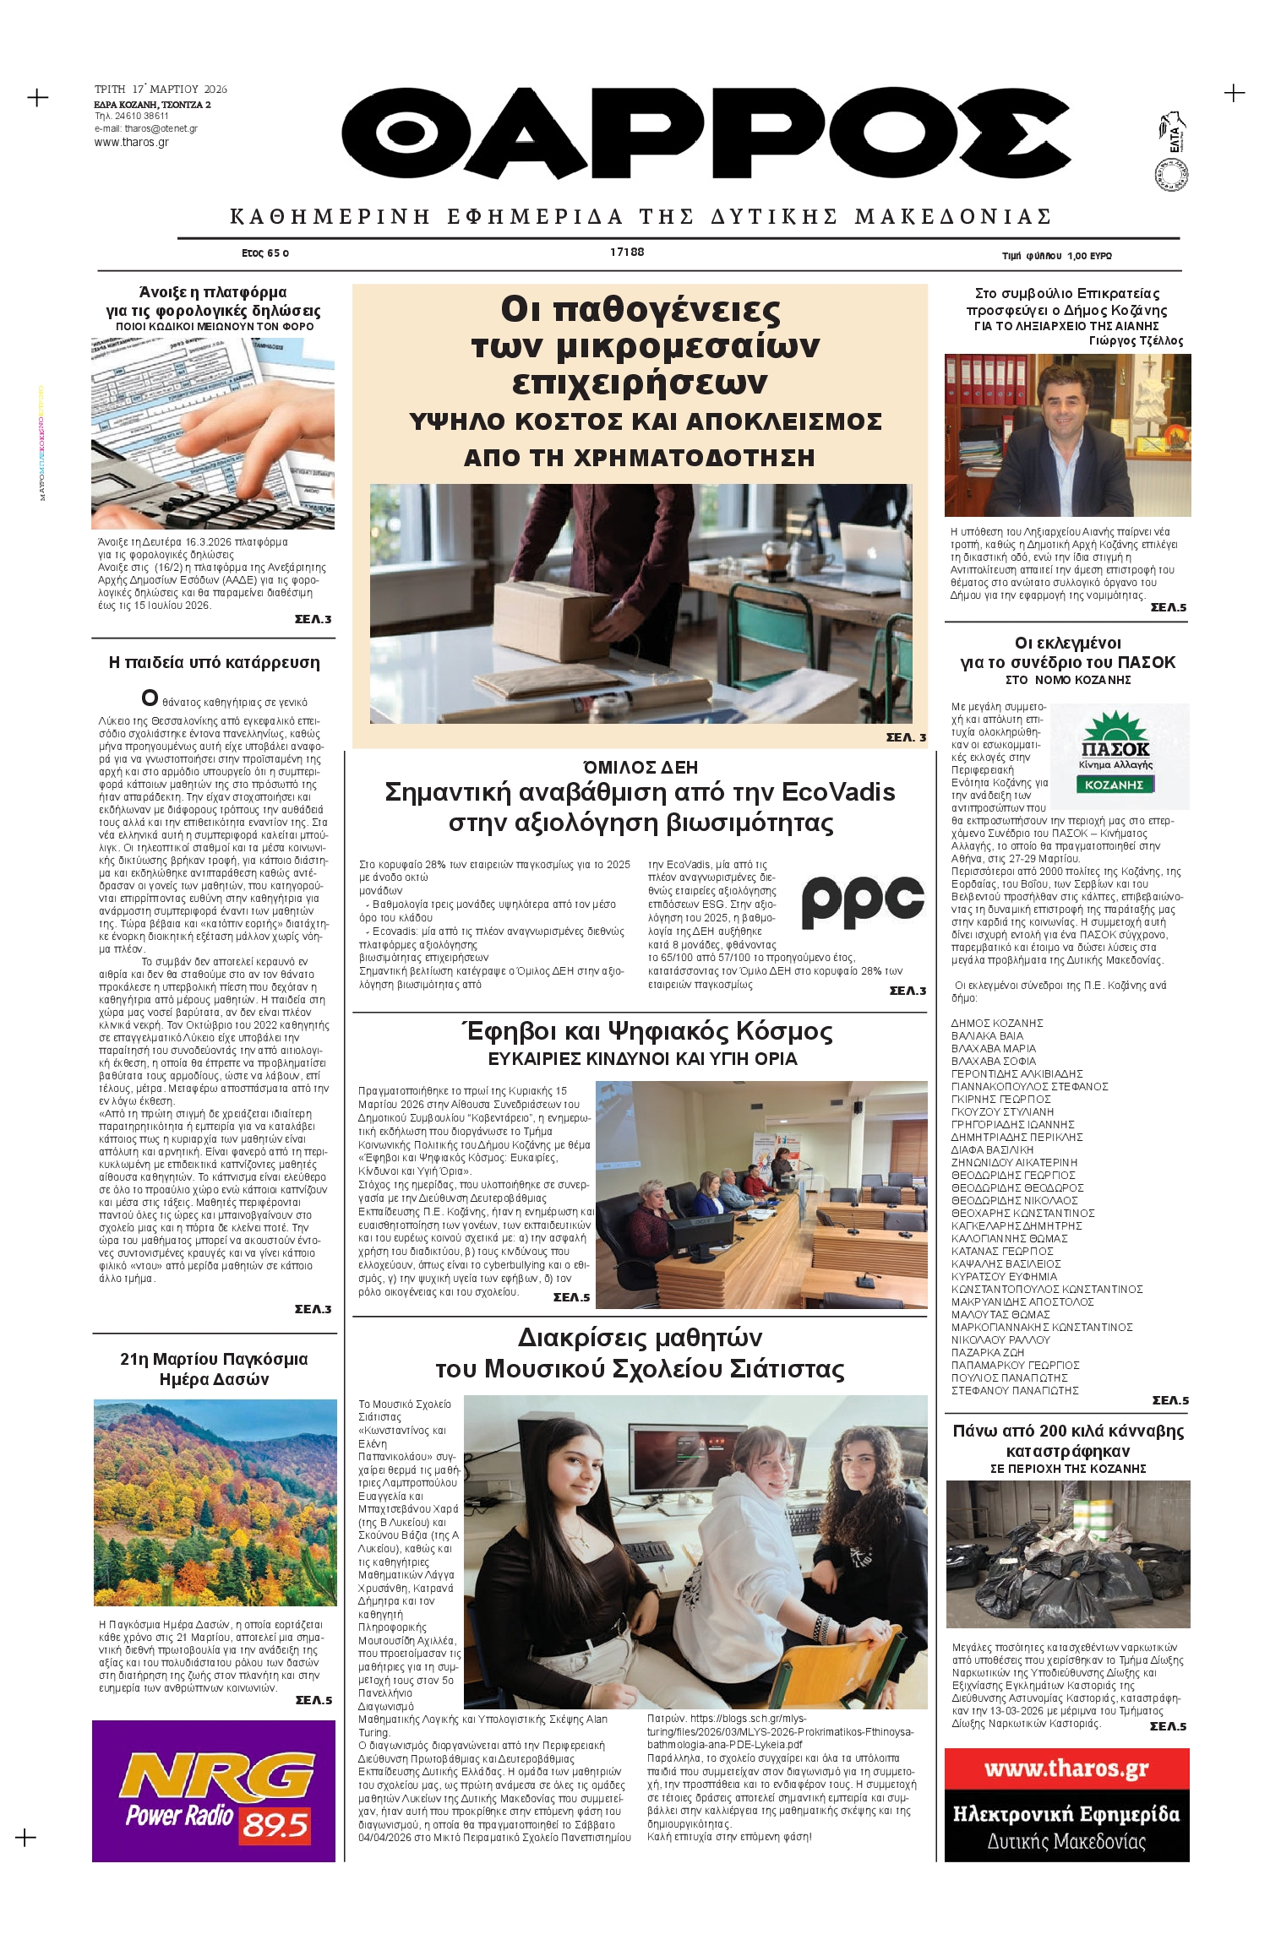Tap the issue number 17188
tap(627, 252)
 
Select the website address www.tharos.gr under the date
tap(132, 143)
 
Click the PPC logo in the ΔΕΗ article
tap(862, 901)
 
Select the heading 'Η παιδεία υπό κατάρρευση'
tap(214, 662)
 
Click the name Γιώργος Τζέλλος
tap(1136, 341)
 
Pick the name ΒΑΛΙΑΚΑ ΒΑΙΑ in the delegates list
tap(987, 1035)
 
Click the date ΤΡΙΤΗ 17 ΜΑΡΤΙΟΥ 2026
tap(161, 89)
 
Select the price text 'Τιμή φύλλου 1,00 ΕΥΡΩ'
tap(1056, 255)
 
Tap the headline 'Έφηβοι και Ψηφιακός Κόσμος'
tap(646, 1031)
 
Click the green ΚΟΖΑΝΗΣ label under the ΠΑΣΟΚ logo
tap(1115, 785)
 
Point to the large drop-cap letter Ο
tap(150, 698)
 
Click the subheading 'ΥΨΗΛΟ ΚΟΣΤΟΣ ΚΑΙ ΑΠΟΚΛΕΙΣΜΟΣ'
tap(645, 421)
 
